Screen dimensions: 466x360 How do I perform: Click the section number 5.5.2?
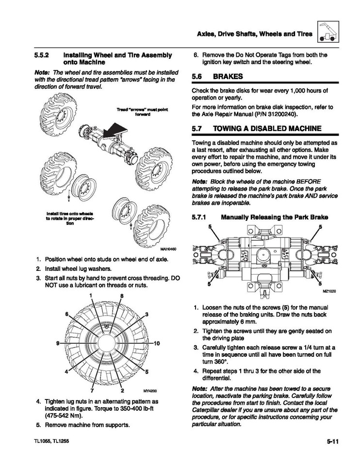pyautogui.click(x=44, y=55)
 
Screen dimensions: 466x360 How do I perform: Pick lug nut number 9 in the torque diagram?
pyautogui.click(x=58, y=343)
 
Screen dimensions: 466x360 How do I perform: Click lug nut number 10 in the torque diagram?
pyautogui.click(x=157, y=343)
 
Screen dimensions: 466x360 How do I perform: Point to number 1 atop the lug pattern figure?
pyautogui.click(x=90, y=296)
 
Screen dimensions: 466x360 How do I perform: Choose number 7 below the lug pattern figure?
pyautogui.click(x=91, y=390)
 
